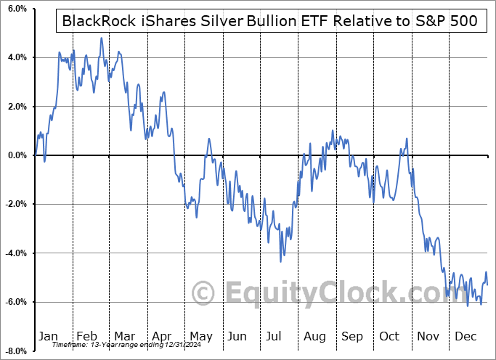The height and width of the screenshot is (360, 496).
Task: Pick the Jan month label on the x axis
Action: tap(48, 336)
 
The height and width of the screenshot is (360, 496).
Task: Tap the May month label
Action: tap(200, 336)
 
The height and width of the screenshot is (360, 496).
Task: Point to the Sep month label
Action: tap(352, 336)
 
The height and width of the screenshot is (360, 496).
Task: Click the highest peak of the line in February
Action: tap(101, 38)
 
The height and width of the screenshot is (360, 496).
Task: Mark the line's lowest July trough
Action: tap(280, 261)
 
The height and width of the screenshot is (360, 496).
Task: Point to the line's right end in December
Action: tap(487, 284)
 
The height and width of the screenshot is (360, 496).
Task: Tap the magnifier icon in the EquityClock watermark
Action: tap(204, 292)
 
